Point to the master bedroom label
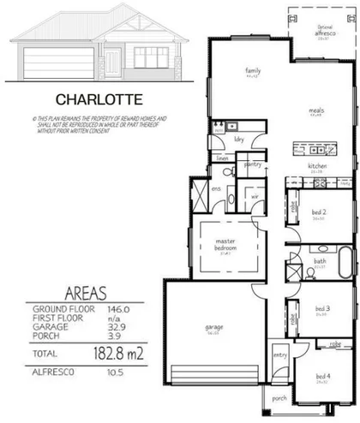click(x=226, y=245)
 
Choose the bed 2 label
click(x=318, y=213)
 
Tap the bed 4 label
click(x=321, y=375)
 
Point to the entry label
click(x=279, y=354)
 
